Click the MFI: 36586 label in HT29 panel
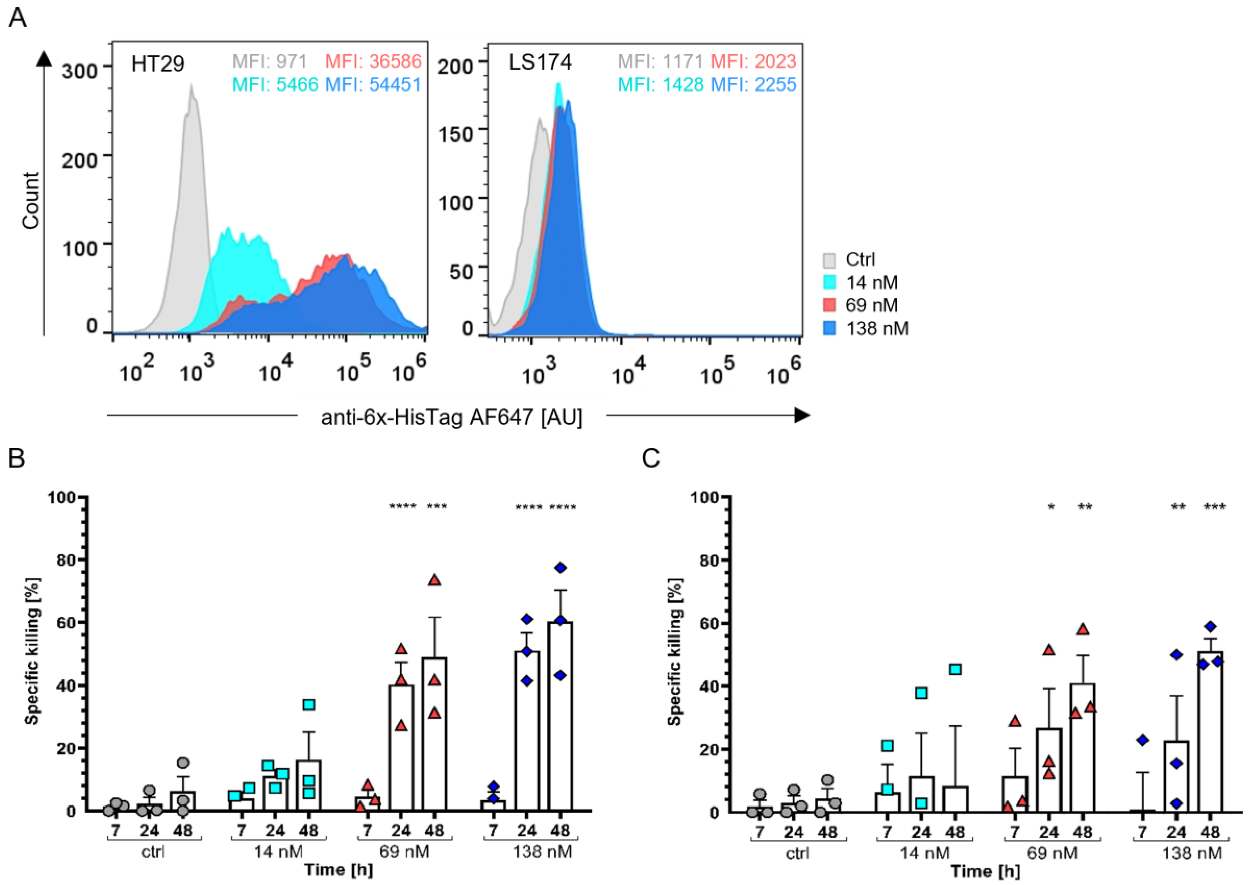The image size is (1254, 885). coord(373,61)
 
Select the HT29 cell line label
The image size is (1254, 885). coord(158,64)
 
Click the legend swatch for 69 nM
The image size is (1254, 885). coord(829,305)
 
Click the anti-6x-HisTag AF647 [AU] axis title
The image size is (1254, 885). coord(452,418)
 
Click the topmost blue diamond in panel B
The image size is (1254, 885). coord(560,568)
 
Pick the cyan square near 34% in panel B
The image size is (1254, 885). coord(309,705)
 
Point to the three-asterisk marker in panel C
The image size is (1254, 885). coord(1215,507)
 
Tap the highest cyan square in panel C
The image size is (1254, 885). coord(955,669)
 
